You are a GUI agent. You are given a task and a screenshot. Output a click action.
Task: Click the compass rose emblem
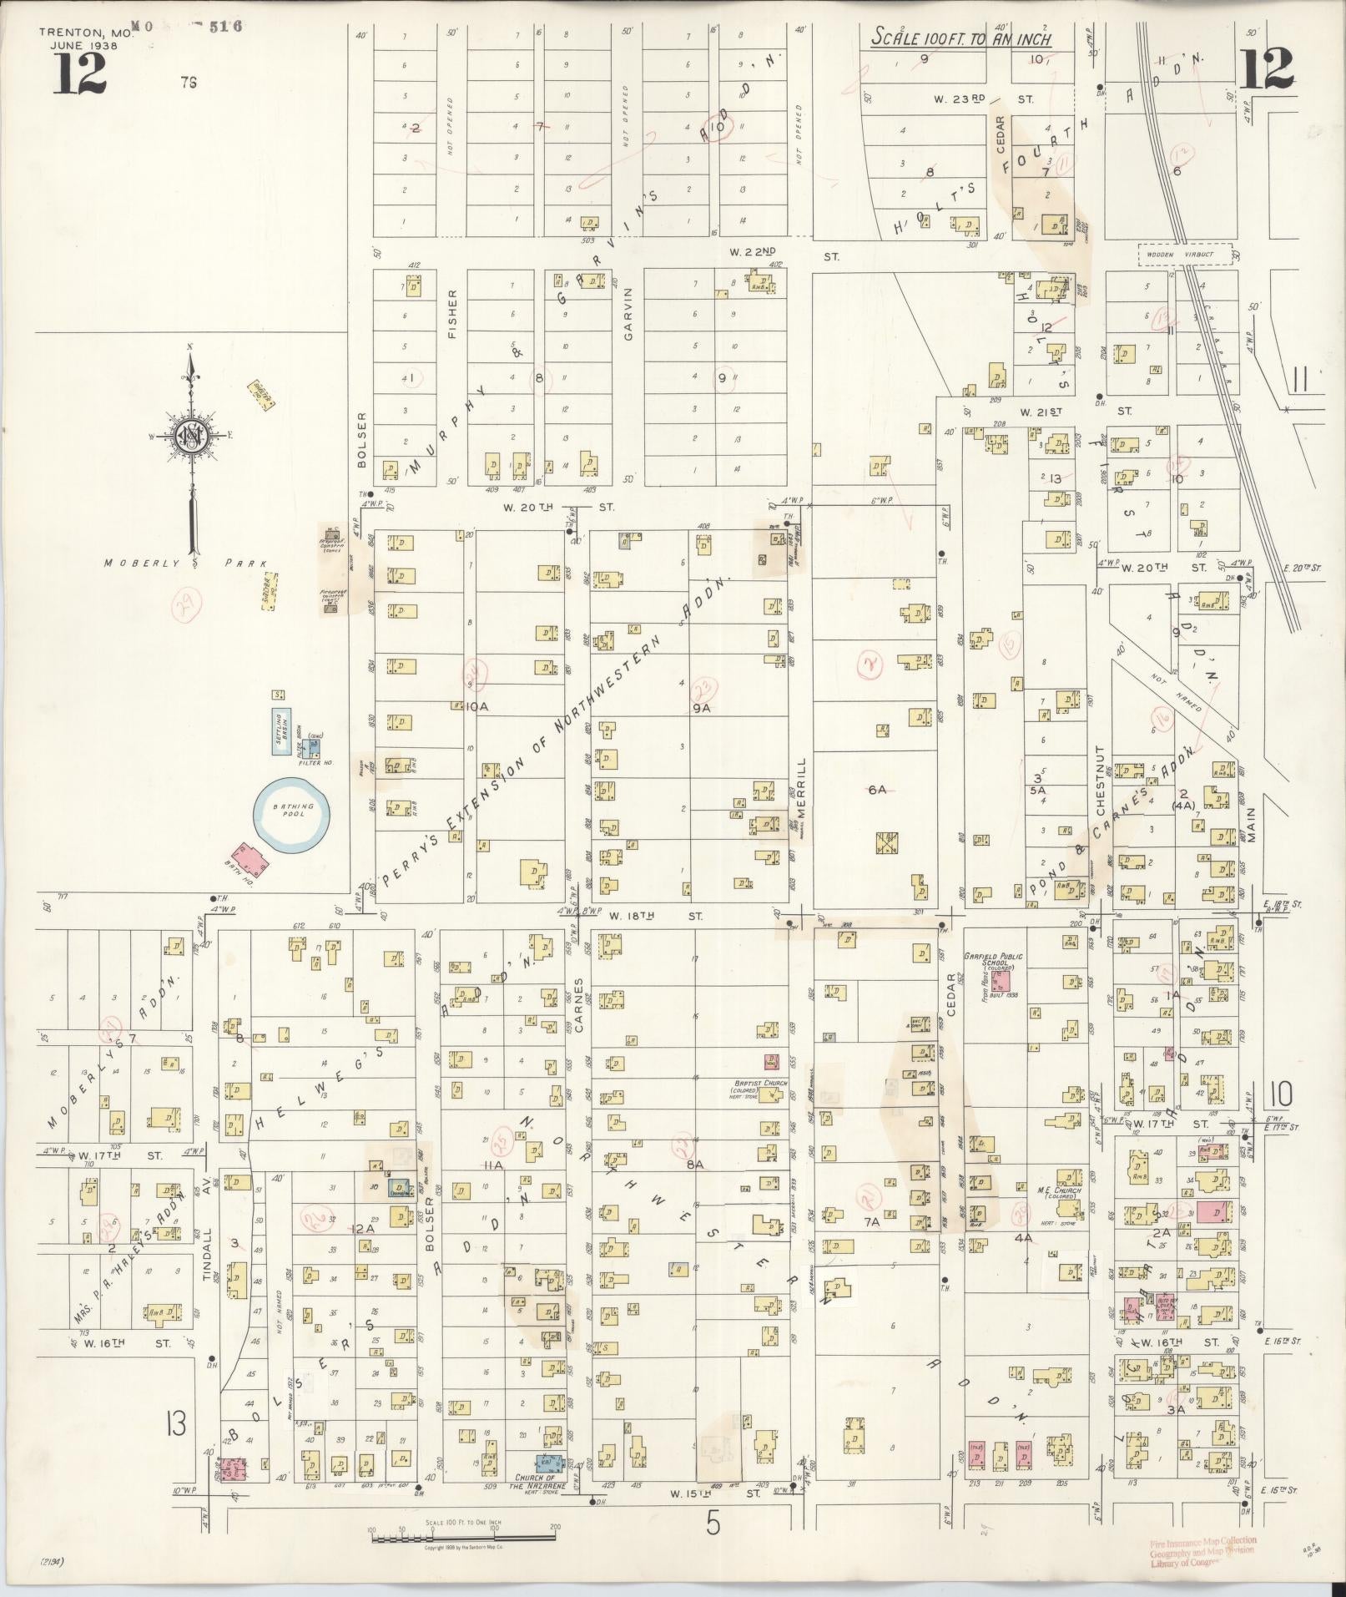pyautogui.click(x=191, y=433)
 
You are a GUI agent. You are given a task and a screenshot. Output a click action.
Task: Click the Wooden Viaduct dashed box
pyautogui.click(x=1185, y=254)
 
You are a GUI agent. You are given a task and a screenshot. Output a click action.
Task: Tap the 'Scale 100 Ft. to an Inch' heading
pyautogui.click(x=960, y=38)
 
